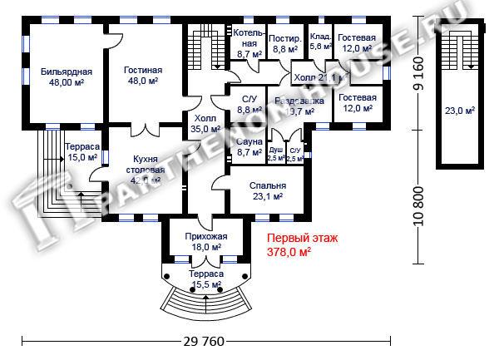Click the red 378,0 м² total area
pyautogui.click(x=289, y=252)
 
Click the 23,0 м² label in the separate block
pyautogui.click(x=459, y=110)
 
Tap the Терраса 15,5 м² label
pyautogui.click(x=205, y=279)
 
